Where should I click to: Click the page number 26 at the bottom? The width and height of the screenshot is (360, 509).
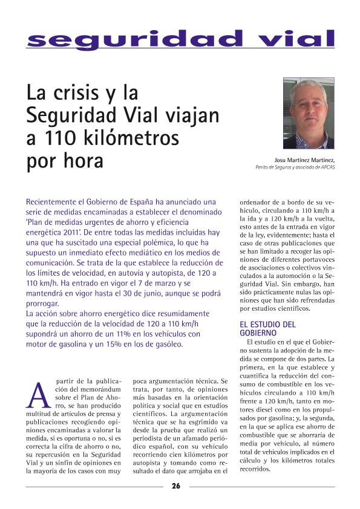(175, 486)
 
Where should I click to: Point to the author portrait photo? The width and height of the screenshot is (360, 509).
(309, 114)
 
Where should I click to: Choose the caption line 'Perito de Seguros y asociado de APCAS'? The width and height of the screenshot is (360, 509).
(295, 167)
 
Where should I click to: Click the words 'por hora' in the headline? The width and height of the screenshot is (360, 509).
(65, 161)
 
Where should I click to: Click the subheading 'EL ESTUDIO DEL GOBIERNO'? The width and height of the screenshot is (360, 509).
(267, 328)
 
